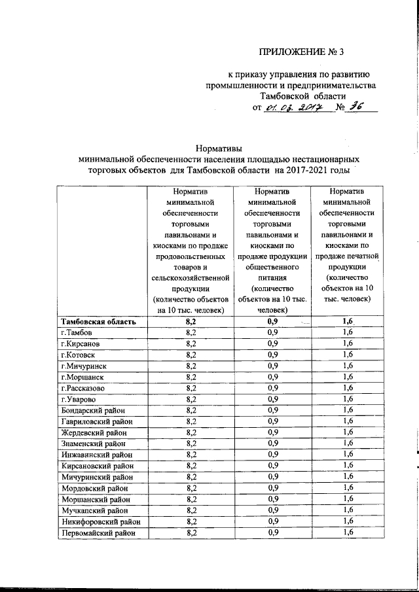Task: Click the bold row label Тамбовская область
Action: [x=98, y=321]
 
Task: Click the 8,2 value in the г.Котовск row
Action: [x=191, y=355]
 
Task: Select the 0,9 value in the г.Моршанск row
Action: [x=273, y=377]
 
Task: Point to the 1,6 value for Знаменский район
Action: [x=347, y=443]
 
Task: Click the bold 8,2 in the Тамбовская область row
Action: [x=191, y=321]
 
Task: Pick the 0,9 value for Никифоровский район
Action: [x=273, y=521]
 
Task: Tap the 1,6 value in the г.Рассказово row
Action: [x=347, y=388]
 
